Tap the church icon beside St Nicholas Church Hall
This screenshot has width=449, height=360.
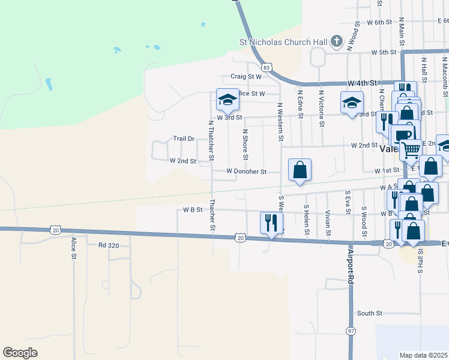click(337, 41)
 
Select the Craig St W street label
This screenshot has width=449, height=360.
click(246, 77)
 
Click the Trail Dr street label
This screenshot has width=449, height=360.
click(184, 139)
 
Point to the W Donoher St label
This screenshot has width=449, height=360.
click(246, 172)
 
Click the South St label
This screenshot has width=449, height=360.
click(370, 313)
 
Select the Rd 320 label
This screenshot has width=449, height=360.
click(110, 245)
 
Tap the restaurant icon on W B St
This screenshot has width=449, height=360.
click(271, 222)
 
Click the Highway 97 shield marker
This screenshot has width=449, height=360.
click(351, 331)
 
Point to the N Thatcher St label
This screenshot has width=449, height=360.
click(211, 140)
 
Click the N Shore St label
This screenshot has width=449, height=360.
click(245, 144)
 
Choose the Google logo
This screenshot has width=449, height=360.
click(20, 352)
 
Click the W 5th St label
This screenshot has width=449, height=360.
click(384, 52)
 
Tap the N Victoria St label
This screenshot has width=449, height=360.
click(322, 109)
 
